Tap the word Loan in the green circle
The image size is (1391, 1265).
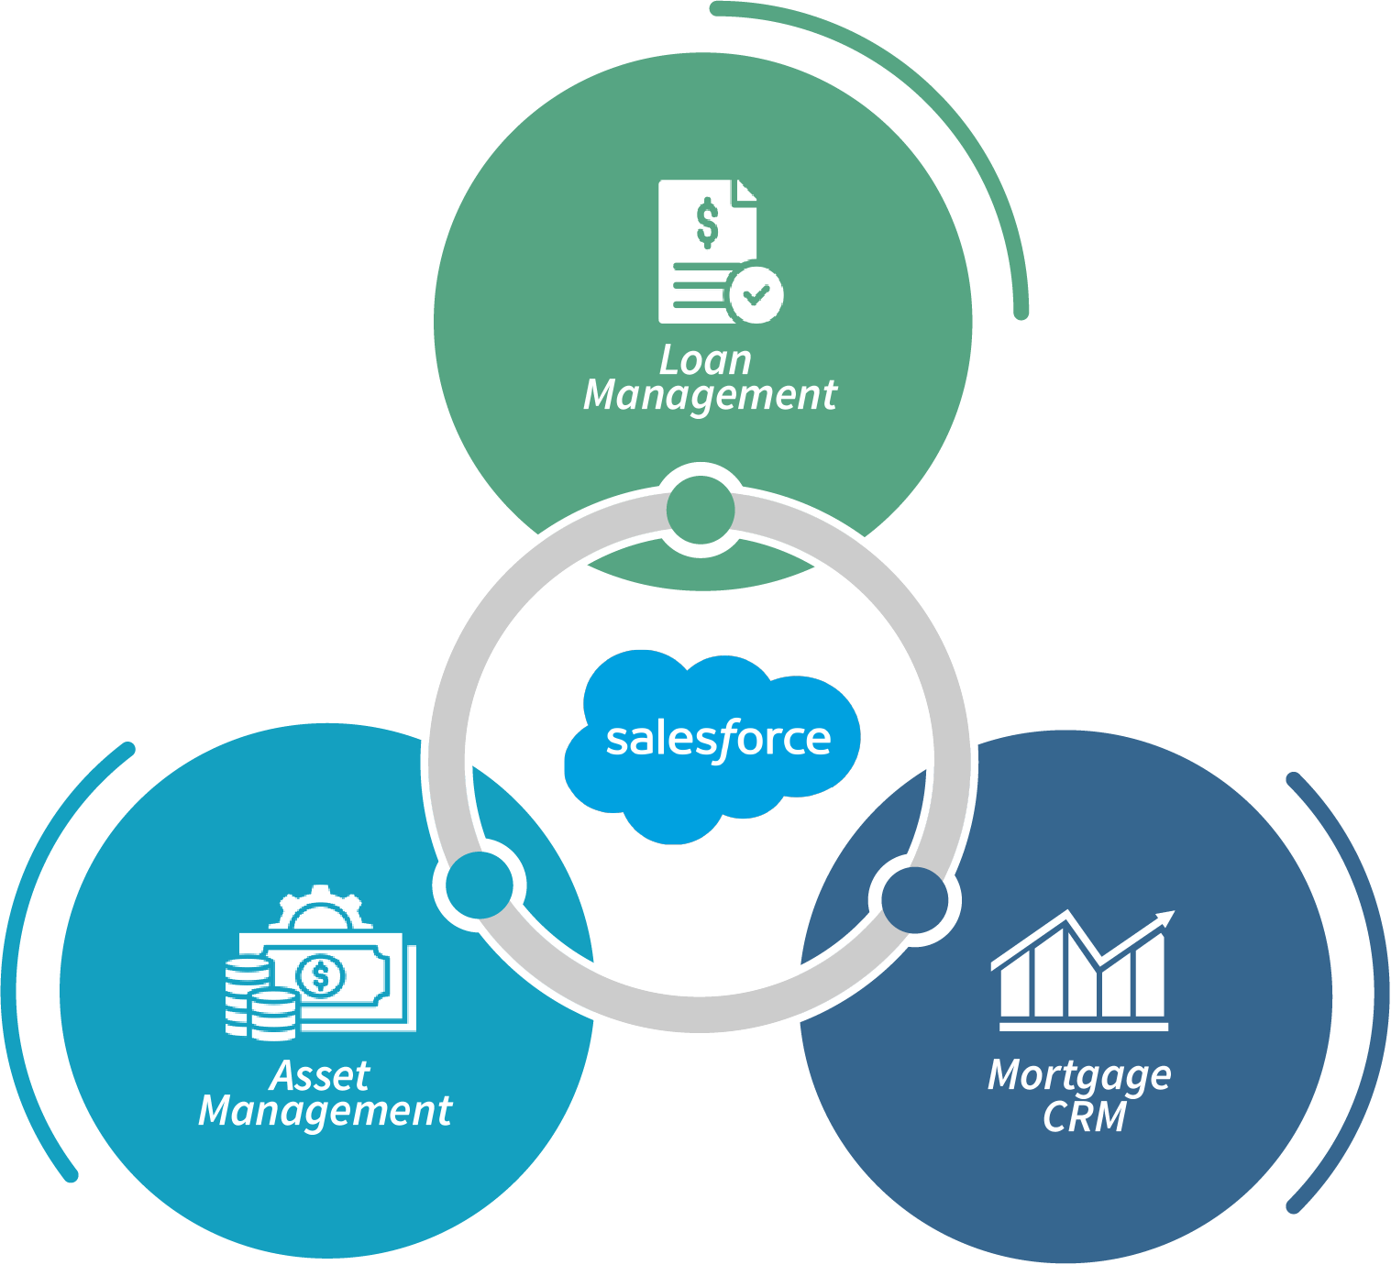point(705,360)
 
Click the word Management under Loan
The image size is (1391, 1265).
point(710,396)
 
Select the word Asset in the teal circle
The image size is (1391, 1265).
point(320,1075)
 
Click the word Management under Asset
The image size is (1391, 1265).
point(325,1111)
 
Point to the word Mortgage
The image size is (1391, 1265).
point(1079,1075)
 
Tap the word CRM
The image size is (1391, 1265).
point(1084,1116)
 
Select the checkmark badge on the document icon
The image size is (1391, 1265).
point(756,294)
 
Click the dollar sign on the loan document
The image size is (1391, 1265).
point(707,224)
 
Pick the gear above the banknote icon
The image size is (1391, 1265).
point(320,907)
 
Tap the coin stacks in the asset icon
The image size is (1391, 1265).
point(259,999)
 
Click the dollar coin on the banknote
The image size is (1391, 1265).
point(321,976)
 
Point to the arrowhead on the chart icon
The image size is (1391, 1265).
point(1165,918)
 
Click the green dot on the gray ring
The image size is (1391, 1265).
point(701,510)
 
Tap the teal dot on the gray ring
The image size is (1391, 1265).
point(479,885)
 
